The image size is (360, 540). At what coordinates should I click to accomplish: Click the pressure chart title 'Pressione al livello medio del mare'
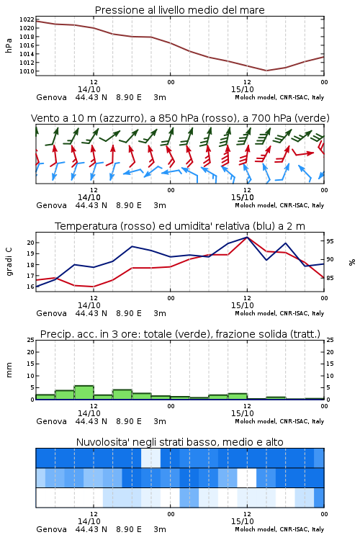coord(179,10)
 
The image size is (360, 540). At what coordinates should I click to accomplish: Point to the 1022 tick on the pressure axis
coord(27,19)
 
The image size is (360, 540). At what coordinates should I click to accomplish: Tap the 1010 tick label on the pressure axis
coord(27,71)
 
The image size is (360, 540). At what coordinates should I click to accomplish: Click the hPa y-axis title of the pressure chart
coord(9,45)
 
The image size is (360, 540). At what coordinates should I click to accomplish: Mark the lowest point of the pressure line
coord(266,71)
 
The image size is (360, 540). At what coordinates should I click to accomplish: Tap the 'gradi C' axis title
coord(9,262)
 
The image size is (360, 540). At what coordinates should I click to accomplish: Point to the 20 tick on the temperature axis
coord(31,243)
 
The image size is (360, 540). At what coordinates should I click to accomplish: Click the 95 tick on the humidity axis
coord(330,241)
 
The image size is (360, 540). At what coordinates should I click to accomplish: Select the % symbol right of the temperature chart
coord(352,262)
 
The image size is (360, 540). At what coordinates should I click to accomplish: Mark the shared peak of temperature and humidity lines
coord(247,237)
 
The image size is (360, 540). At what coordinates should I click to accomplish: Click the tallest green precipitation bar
coord(84,392)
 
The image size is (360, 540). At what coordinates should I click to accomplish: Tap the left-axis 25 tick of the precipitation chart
coord(31,341)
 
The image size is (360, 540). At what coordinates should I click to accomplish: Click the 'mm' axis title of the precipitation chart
coord(9,370)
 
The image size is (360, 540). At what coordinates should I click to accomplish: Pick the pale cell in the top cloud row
coord(151,458)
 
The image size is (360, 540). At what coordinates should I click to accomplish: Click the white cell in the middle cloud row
coord(247,477)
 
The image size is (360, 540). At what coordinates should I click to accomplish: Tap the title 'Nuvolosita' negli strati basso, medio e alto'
coord(179,442)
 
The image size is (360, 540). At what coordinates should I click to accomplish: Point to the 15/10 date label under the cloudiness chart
coord(243,521)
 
